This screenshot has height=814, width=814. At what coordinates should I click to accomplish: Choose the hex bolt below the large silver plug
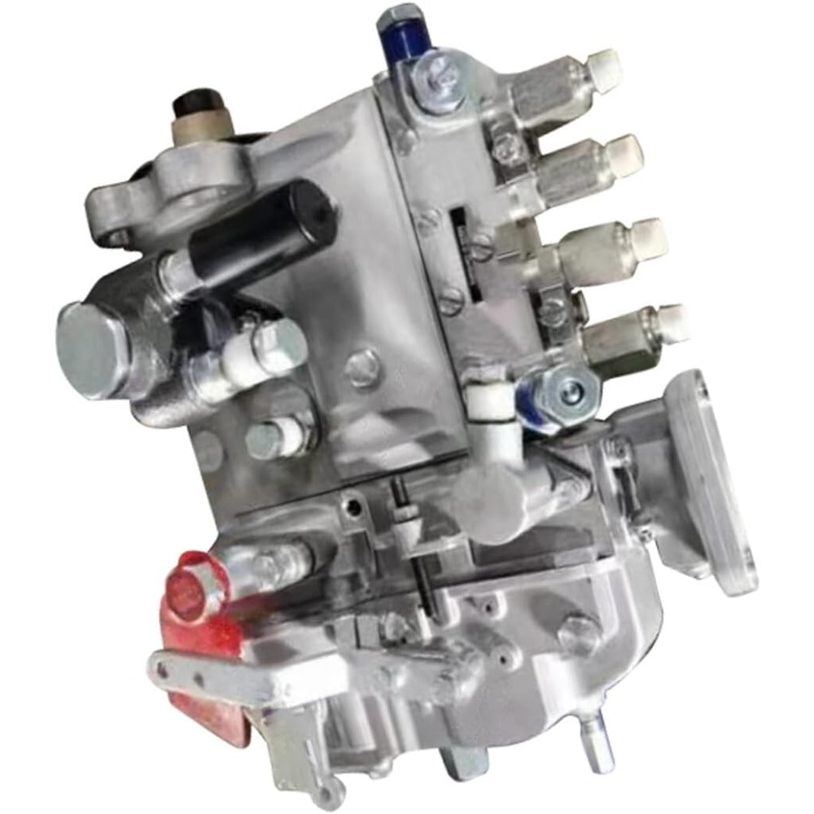(x=269, y=440)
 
